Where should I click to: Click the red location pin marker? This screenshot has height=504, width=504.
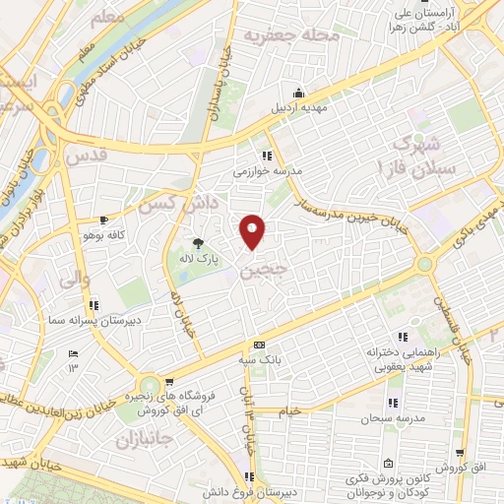pos(253,230)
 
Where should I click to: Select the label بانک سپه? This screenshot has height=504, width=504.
pos(259,359)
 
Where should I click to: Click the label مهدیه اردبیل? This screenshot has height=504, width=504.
pos(298,106)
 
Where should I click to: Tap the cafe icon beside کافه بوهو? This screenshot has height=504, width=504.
pos(104,221)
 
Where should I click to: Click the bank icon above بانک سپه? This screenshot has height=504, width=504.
pos(259,346)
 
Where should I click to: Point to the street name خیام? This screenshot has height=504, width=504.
pos(289,409)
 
